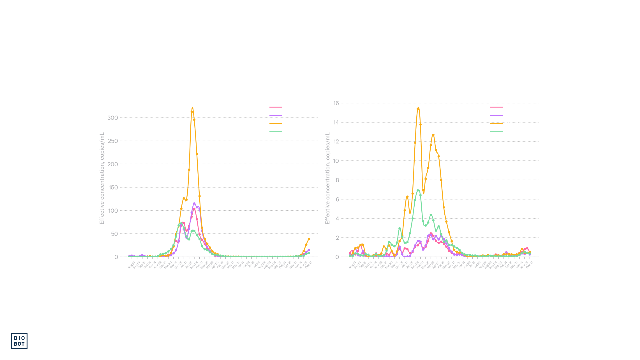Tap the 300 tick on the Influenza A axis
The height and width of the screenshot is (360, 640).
pos(112,118)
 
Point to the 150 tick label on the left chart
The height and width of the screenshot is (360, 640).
pos(113,187)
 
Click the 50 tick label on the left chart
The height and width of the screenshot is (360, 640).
pos(114,234)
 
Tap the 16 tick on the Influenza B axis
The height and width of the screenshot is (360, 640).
pos(336,103)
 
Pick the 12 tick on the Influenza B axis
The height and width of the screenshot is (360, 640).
pos(336,142)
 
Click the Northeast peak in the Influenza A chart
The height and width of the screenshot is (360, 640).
pos(192,108)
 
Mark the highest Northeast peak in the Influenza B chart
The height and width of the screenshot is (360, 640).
pos(418,108)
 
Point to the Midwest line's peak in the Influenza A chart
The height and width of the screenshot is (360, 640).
pos(194,204)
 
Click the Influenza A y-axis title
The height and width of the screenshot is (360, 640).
pos(102,178)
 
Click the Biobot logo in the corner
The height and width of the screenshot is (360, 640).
pos(19,341)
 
